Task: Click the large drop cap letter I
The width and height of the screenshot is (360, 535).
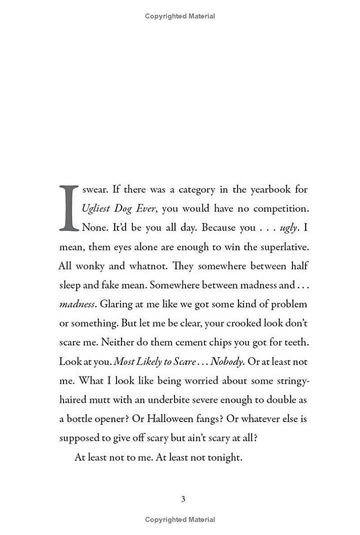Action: click(x=68, y=208)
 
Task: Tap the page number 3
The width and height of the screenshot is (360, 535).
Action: click(x=183, y=498)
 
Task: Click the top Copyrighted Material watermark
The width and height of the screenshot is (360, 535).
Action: click(x=180, y=16)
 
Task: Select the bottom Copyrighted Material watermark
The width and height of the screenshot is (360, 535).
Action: click(x=180, y=519)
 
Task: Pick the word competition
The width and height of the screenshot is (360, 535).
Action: click(x=280, y=208)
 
